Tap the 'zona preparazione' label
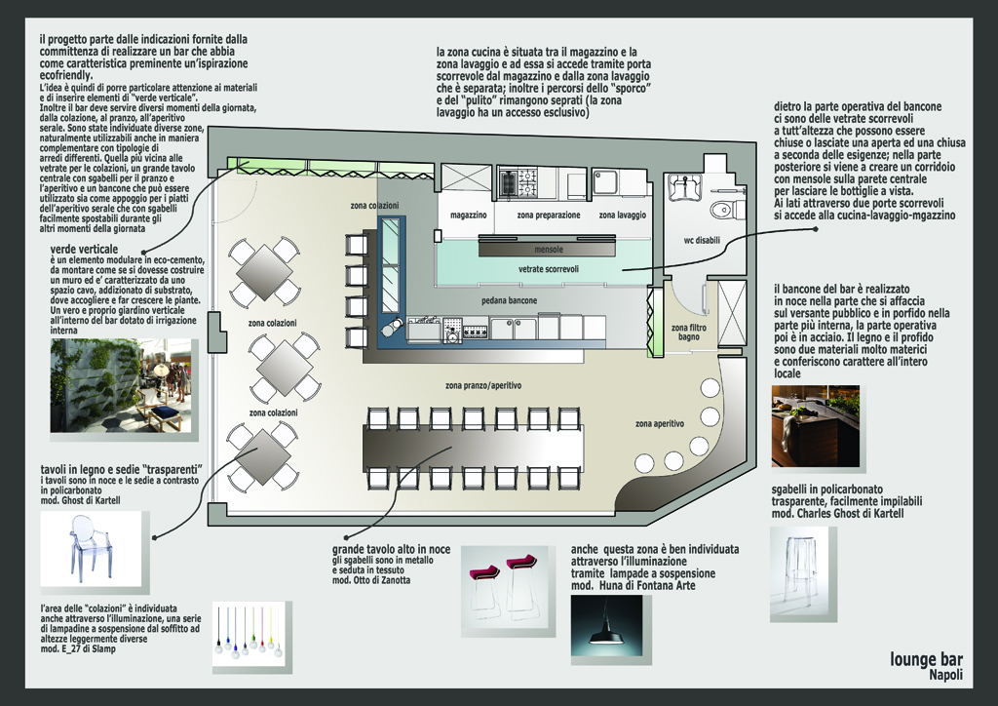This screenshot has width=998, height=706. pos(549,215)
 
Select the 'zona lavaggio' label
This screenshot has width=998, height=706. pos(621,215)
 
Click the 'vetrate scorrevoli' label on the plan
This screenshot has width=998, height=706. pos(549,267)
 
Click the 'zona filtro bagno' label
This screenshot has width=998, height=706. pos(691,333)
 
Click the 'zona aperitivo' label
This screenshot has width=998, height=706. pos(660,424)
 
